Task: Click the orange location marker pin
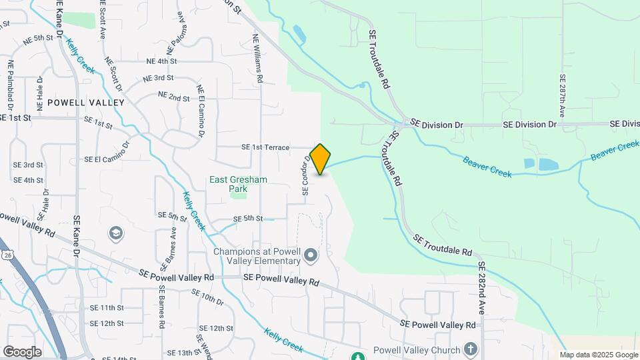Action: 320,159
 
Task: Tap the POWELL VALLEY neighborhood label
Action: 86,103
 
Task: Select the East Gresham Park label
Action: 238,184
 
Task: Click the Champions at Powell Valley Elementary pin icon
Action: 310,255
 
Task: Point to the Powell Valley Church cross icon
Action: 471,349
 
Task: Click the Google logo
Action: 22,351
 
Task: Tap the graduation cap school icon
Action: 116,233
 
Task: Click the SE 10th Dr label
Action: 207,297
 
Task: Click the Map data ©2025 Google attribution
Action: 598,355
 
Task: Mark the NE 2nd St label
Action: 174,97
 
